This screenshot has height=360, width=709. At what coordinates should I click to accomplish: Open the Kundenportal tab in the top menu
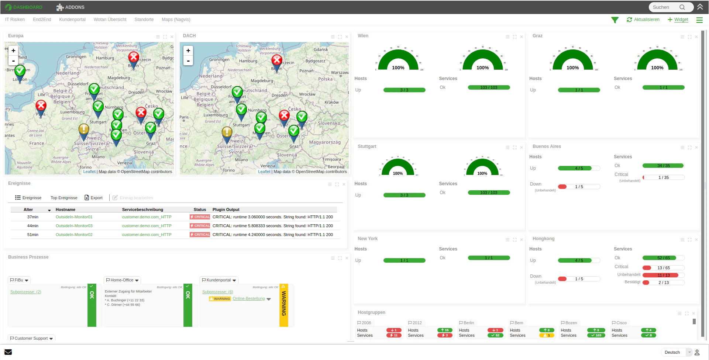point(72,20)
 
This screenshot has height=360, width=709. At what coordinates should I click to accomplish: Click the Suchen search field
point(665,7)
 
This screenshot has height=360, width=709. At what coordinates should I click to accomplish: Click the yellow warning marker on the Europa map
point(84,129)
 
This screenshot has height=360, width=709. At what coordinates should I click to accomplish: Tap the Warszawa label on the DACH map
point(339,72)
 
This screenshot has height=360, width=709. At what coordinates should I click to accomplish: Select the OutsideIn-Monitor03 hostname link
point(74,226)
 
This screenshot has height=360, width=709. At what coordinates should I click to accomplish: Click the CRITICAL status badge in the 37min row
point(200,217)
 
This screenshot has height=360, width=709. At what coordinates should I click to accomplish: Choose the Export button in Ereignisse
point(94,198)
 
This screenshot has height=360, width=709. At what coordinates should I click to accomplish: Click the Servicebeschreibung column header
point(142,210)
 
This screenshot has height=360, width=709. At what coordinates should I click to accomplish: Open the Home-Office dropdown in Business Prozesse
point(122,280)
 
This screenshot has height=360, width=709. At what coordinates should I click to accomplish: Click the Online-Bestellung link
point(249,299)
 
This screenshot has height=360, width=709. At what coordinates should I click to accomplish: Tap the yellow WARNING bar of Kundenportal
point(283,305)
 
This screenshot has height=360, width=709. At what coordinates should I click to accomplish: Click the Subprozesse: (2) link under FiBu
point(26,292)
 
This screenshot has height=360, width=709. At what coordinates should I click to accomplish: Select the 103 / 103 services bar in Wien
point(489,87)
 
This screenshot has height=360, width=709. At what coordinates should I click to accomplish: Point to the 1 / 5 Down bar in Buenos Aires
point(579,187)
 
